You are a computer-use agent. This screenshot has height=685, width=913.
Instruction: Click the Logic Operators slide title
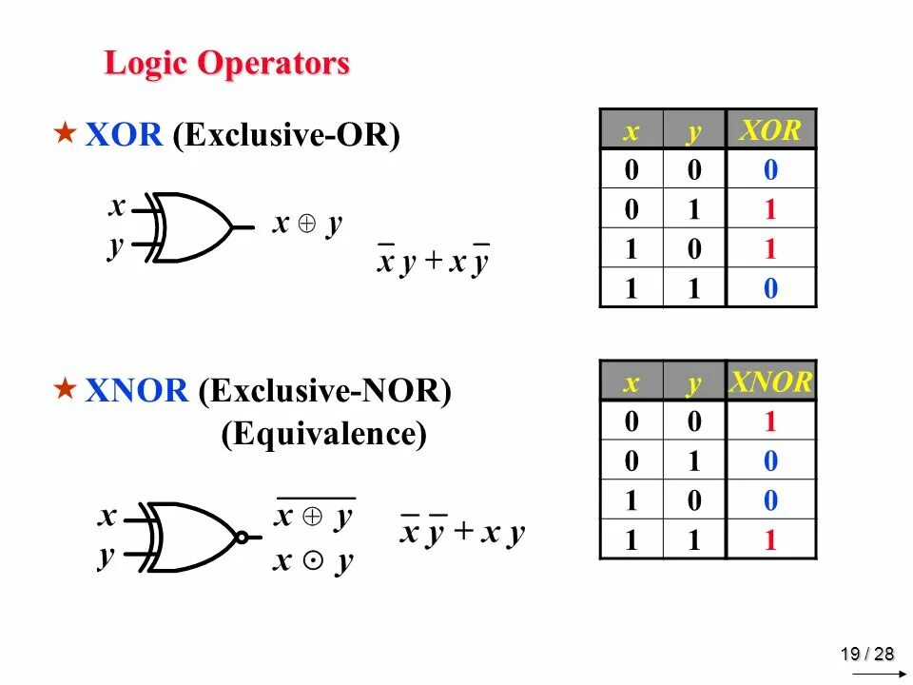pos(226,65)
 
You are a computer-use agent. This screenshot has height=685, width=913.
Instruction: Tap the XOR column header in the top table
pos(770,130)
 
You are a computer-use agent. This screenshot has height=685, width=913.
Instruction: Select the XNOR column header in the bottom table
pos(770,382)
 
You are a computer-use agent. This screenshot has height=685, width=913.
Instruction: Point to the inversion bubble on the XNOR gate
pos(243,538)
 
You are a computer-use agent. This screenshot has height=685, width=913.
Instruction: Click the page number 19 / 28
pos(866,654)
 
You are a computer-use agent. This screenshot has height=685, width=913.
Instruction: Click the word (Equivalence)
pos(324,435)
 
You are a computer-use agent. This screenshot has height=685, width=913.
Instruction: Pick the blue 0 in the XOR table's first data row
pos(770,171)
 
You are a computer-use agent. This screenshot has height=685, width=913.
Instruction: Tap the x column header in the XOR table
pos(631,131)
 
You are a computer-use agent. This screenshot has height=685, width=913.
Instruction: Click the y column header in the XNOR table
pos(694,383)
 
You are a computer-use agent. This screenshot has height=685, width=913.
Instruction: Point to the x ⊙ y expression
pos(313,560)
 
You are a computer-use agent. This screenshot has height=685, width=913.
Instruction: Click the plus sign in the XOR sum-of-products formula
pos(433,262)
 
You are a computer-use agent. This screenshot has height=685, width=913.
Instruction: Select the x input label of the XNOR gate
pos(107,518)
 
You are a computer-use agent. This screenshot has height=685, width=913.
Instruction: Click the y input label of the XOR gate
pos(115,246)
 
